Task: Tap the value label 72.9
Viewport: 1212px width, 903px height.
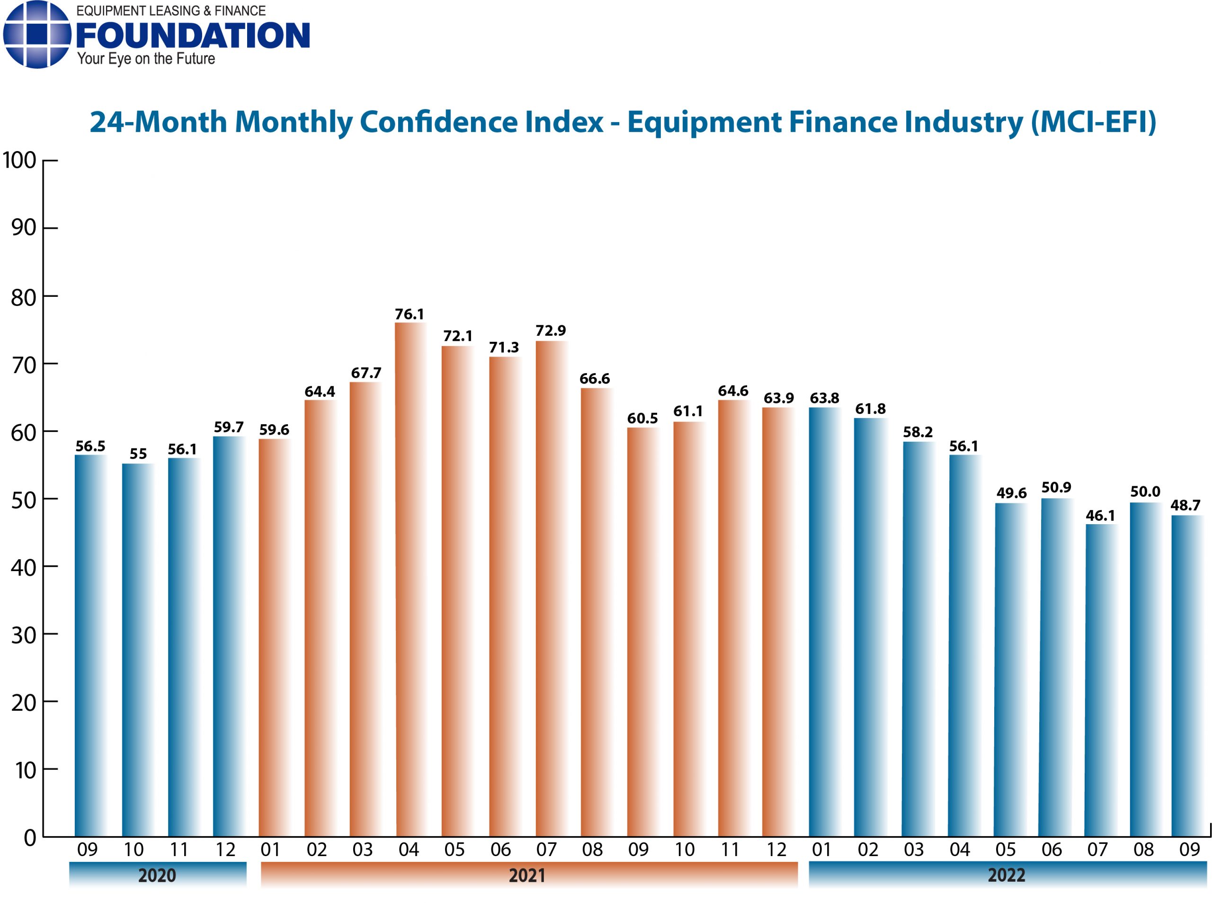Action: point(550,331)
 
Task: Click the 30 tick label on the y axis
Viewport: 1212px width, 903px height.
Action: point(24,635)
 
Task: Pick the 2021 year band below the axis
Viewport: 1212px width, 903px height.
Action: point(528,875)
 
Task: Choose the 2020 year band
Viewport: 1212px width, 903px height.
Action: point(157,875)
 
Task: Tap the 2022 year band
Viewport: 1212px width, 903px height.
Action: point(1007,875)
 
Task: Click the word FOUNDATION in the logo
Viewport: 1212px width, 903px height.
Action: point(192,36)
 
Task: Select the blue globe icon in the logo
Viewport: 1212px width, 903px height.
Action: point(36,35)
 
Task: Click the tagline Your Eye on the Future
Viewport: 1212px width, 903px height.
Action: point(146,59)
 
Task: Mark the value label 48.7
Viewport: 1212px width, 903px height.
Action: point(1185,506)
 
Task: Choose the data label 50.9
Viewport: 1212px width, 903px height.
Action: point(1056,488)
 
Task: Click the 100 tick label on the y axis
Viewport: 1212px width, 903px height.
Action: point(20,160)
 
